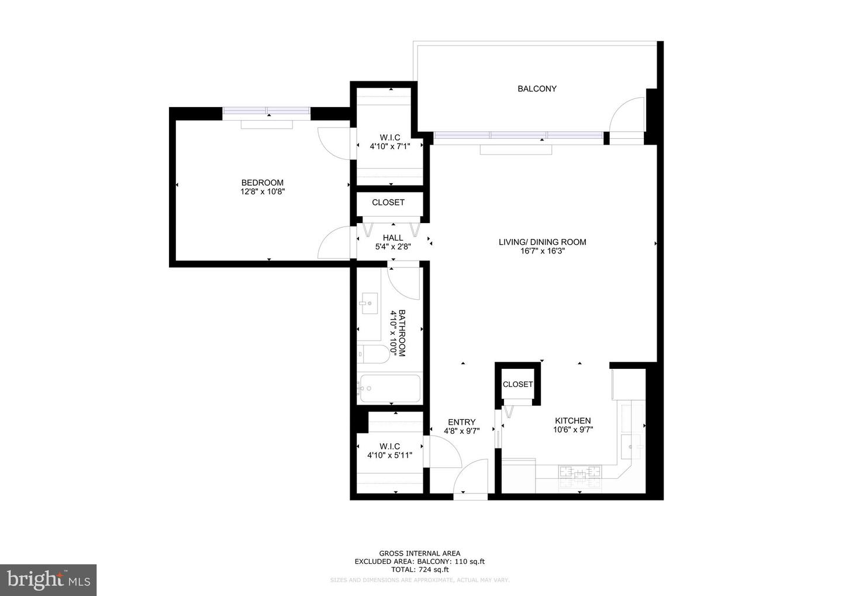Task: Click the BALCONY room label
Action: point(537,89)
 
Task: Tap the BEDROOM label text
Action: point(263,183)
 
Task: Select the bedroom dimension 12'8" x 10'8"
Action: point(263,192)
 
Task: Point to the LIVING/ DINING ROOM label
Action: point(543,242)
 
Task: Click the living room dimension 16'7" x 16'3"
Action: point(543,251)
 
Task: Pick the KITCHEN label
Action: point(573,421)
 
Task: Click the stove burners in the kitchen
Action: point(579,471)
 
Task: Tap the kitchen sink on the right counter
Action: point(631,447)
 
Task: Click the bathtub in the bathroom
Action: point(390,388)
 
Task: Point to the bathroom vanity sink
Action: point(369,303)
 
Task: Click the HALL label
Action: point(393,238)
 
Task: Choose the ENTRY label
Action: point(461,422)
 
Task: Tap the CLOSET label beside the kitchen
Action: point(517,384)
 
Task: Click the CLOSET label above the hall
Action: point(388,203)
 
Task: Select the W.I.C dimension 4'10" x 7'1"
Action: point(390,146)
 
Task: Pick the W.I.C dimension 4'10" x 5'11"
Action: point(389,455)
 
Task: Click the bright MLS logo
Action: point(49,580)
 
